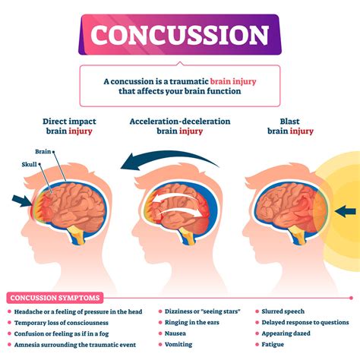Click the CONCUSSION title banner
(180, 34)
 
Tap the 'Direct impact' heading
(58, 121)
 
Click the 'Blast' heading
(290, 121)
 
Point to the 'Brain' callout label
(43, 151)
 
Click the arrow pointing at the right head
(345, 210)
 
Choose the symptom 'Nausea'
(177, 332)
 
